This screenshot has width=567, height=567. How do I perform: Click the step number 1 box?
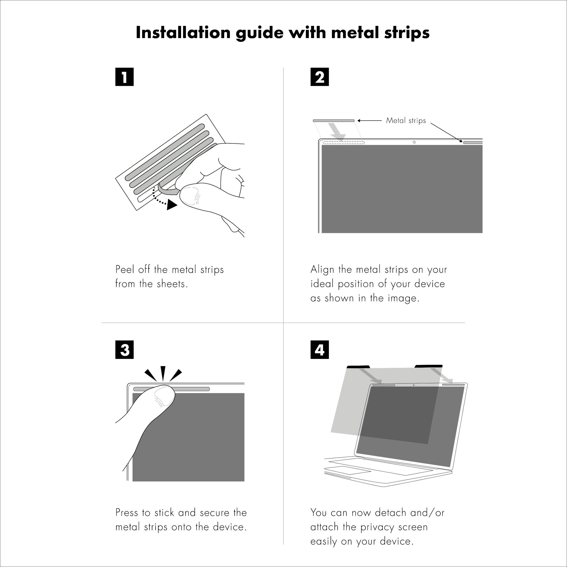pos(124,77)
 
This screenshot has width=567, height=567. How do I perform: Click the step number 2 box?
pos(320,77)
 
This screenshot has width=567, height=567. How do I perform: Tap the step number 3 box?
pos(124,350)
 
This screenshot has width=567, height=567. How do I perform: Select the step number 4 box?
pos(320,350)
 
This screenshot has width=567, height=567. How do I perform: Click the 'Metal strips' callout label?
pos(406,120)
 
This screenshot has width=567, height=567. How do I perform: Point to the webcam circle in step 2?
pos(414,142)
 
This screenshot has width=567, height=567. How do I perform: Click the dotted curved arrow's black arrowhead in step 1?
pos(171,205)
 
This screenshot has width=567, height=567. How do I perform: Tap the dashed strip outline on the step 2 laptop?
pos(344,143)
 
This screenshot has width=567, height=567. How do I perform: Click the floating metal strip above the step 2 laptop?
pos(334,121)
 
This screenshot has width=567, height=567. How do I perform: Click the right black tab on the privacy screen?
pos(428,366)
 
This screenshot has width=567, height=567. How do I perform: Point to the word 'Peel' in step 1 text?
pos(125,269)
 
